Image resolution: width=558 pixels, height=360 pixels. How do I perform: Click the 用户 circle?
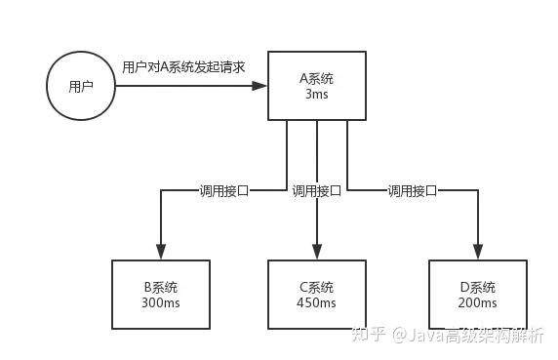[x=82, y=86]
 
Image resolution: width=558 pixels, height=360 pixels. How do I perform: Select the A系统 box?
[x=317, y=87]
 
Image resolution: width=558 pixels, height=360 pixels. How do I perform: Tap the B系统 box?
[x=160, y=295]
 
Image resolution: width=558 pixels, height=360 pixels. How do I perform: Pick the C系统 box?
[x=317, y=295]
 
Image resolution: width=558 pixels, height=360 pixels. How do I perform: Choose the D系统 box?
[x=477, y=295]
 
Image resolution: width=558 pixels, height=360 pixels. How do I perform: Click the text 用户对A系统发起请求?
[x=183, y=67]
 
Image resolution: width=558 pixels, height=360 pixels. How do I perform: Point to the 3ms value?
[x=317, y=95]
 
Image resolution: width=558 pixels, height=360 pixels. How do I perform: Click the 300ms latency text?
[x=160, y=303]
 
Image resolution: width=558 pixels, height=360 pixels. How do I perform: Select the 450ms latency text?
[x=317, y=303]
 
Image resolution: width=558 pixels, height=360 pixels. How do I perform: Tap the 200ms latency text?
[x=477, y=303]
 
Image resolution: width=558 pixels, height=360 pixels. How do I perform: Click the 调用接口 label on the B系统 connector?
[x=223, y=191]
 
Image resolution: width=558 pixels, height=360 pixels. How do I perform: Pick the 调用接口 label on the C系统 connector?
[x=317, y=191]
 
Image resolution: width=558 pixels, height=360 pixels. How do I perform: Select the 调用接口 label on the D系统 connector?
[x=413, y=191]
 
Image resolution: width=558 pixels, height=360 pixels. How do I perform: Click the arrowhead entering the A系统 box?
[x=260, y=86]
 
